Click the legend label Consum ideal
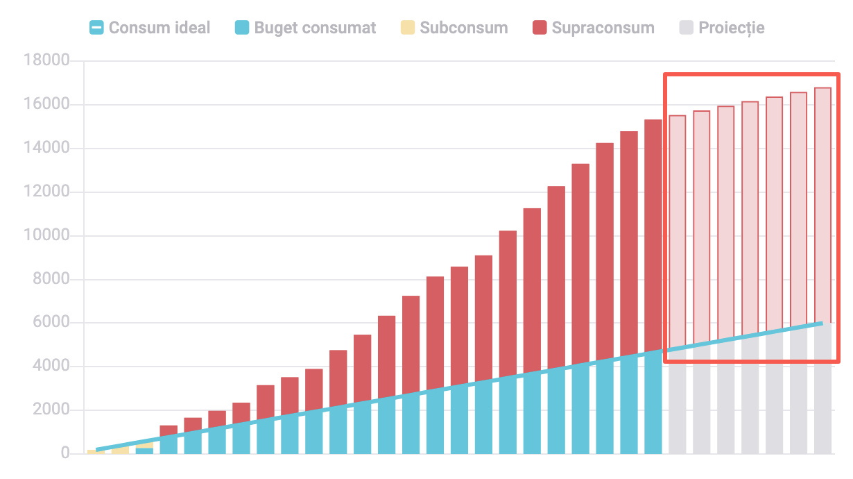[x=159, y=28]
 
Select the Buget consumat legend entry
[x=315, y=28]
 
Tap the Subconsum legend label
[x=463, y=28]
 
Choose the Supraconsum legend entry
[x=603, y=28]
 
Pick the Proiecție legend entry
[x=732, y=28]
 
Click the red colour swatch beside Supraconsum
[x=540, y=28]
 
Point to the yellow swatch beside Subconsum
[x=408, y=28]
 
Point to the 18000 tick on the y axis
[x=46, y=61]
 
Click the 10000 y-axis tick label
[x=46, y=236]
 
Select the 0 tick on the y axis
[x=65, y=454]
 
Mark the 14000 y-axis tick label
[x=46, y=149]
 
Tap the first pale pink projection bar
[x=678, y=229]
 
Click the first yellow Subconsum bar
[x=96, y=451]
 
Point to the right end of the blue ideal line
[x=822, y=323]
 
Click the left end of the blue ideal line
[x=97, y=450]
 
